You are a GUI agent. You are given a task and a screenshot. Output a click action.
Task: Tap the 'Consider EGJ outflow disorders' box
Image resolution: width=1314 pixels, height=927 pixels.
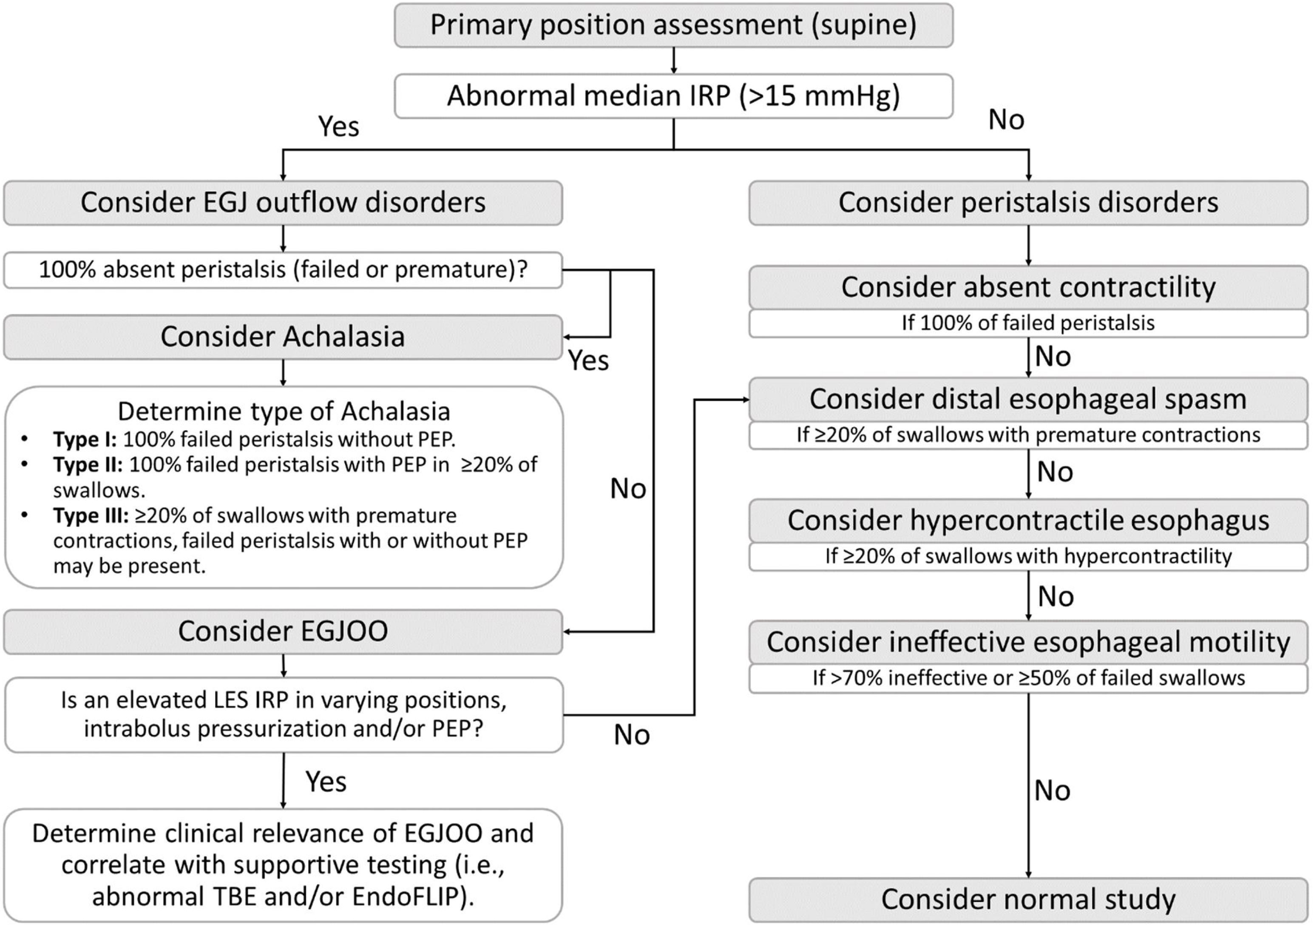tap(283, 203)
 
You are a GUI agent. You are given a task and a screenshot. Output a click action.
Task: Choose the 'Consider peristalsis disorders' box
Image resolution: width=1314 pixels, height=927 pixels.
tap(1028, 203)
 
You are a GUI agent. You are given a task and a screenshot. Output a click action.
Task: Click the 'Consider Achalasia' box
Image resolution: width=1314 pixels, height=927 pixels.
tap(283, 337)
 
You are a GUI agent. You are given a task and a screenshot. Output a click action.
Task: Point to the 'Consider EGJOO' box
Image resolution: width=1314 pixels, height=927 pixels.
tap(283, 631)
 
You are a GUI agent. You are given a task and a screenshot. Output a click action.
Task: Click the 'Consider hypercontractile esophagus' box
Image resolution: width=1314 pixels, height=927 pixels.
tap(1028, 520)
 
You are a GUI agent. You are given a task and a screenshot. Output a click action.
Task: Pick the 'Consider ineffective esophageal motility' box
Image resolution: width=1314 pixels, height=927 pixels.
tap(1028, 642)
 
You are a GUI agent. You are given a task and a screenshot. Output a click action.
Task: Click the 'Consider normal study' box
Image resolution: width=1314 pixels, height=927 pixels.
tap(1028, 899)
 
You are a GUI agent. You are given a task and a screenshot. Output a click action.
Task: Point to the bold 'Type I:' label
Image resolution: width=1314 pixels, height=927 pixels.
tap(85, 439)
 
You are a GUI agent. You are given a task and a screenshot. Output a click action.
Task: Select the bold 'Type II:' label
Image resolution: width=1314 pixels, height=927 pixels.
tap(88, 465)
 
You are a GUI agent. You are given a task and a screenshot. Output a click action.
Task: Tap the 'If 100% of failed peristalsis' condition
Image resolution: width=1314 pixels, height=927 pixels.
tap(1028, 323)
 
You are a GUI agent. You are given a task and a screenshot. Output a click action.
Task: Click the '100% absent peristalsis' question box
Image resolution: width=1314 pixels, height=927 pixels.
tap(283, 269)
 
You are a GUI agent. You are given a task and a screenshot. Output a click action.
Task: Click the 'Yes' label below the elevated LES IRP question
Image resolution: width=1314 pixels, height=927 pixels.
tap(326, 782)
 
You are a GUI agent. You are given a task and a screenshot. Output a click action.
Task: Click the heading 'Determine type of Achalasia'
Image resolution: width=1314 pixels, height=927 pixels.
tap(284, 411)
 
